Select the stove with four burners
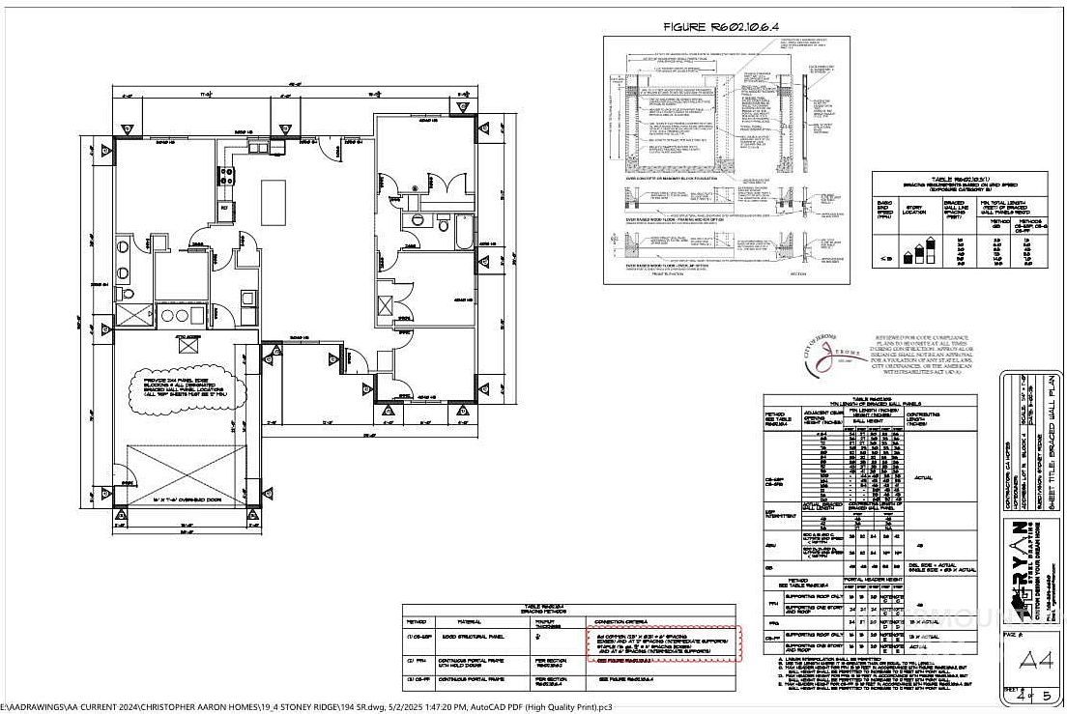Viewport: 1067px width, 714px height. [x=229, y=175]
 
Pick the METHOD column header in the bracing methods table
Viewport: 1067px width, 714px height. [x=417, y=621]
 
